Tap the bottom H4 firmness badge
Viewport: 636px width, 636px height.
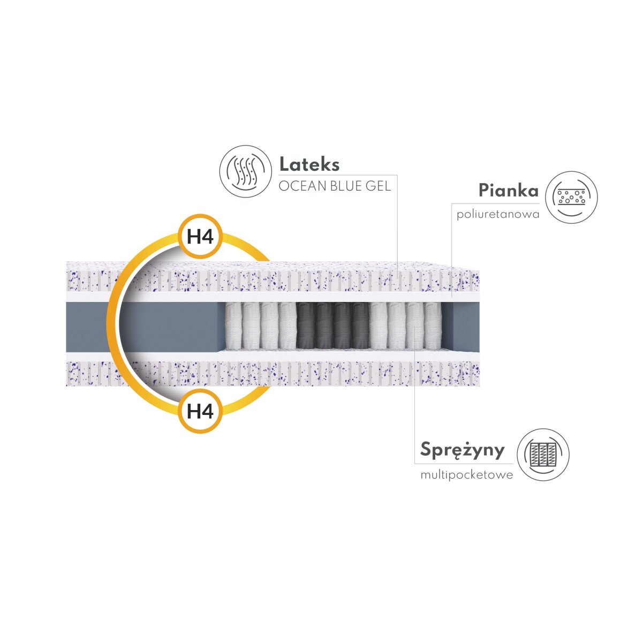[x=200, y=411]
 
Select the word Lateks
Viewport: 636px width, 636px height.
[x=309, y=164]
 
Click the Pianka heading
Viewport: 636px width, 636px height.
[x=509, y=191]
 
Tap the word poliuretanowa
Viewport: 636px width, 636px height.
[x=498, y=215]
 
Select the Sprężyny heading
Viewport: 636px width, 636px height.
[x=462, y=450]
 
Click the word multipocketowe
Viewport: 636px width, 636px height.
[x=467, y=475]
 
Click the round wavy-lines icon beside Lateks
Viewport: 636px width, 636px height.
[x=246, y=172]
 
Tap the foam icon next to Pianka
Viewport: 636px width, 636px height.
[x=571, y=198]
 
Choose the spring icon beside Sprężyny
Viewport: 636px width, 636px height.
[x=543, y=455]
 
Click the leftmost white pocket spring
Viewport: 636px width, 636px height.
[x=233, y=325]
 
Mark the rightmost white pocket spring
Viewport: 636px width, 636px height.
[x=432, y=325]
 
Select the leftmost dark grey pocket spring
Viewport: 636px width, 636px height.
[x=305, y=325]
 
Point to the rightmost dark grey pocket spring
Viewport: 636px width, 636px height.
[x=361, y=325]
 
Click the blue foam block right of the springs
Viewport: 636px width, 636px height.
[x=465, y=325]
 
